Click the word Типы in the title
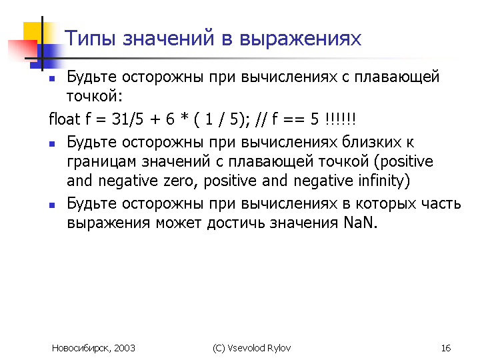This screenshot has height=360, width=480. (x=90, y=39)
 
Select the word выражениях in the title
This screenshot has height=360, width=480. (x=300, y=39)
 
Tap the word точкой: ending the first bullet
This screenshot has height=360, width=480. (x=95, y=96)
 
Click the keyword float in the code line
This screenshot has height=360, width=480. (x=64, y=119)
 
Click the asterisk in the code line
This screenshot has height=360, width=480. (x=184, y=117)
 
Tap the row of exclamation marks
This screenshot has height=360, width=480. (x=341, y=119)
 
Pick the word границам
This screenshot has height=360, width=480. (x=101, y=162)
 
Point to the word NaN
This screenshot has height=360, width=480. (x=358, y=222)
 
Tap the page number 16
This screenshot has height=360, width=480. (x=446, y=348)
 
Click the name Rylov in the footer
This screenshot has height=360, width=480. (x=279, y=349)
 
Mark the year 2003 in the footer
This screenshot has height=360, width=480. (x=125, y=348)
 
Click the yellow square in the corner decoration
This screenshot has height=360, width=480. (x=33, y=32)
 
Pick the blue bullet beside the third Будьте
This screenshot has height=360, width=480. (x=52, y=205)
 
